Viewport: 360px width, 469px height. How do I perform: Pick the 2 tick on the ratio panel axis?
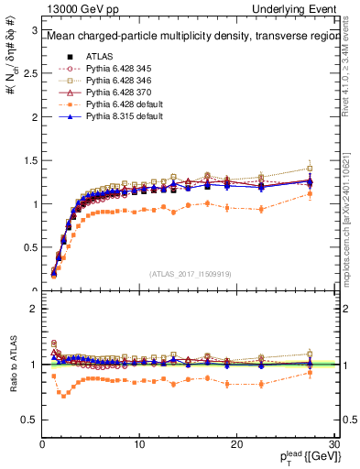(34, 309)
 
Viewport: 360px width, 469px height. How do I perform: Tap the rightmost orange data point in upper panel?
(310, 194)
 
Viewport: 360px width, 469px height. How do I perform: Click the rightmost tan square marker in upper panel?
(310, 169)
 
